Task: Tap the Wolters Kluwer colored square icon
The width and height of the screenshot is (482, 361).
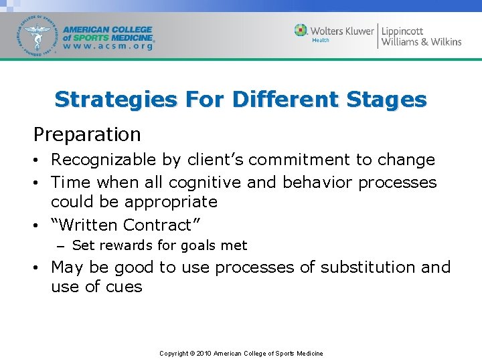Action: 301,30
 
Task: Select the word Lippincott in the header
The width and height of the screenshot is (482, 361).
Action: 402,31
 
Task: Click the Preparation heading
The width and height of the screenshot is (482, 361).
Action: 87,134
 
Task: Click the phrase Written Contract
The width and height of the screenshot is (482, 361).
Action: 127,225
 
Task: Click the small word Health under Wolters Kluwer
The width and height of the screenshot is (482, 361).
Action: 321,40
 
